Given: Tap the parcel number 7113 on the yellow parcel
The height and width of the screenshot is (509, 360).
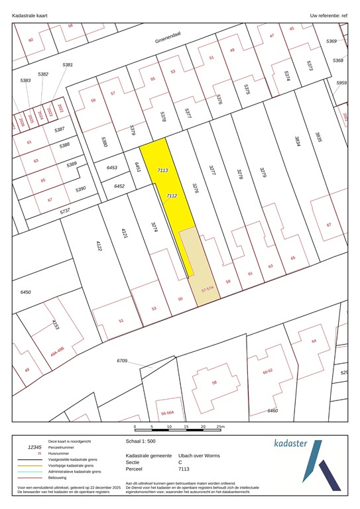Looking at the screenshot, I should (x=163, y=170).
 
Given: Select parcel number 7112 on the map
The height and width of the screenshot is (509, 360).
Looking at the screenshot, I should (x=171, y=196).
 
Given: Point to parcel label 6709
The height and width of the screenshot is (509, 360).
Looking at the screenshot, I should (x=122, y=361).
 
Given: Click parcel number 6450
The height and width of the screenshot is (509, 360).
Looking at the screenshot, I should (x=26, y=292).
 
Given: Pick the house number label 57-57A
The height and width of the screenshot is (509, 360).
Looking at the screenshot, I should (x=210, y=289).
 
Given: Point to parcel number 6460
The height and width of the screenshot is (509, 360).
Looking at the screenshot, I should (x=272, y=411).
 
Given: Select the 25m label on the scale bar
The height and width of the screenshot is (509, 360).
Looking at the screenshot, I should (x=221, y=427).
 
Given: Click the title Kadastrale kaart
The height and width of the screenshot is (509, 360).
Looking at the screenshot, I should (x=30, y=13).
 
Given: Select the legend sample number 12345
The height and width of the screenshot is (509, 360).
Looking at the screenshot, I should (x=29, y=447).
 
